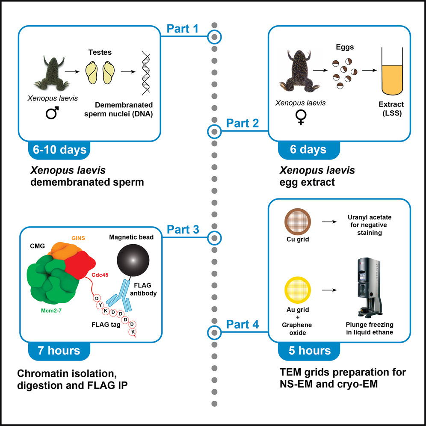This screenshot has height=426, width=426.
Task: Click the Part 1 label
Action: point(182,29)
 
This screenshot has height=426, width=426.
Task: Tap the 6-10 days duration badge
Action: point(59,150)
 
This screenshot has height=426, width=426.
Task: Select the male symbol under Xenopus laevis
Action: point(53,112)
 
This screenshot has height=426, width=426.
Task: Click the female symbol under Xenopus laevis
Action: point(301,118)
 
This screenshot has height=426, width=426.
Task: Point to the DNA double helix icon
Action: point(146,73)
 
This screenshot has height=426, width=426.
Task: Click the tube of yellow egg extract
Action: point(392,71)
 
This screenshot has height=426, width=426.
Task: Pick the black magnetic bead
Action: point(133,260)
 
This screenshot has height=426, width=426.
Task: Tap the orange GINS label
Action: point(78,238)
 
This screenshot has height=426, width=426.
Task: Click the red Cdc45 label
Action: point(100,275)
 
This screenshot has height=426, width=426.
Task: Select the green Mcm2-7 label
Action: point(51,310)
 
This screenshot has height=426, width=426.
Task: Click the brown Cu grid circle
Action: point(298,222)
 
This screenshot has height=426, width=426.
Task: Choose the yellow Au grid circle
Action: point(298,290)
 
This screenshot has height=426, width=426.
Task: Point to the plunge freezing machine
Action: point(370,287)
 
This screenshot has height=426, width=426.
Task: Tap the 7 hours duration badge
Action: point(59,351)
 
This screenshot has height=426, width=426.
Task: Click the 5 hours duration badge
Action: point(309,351)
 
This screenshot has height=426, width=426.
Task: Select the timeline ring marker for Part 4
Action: point(214,332)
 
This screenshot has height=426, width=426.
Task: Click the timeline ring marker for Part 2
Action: point(214,132)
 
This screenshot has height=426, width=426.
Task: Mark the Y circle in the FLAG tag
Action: point(100,305)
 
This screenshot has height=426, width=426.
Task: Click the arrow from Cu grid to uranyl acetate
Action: point(329,222)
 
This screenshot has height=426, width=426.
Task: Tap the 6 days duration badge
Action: point(309,150)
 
